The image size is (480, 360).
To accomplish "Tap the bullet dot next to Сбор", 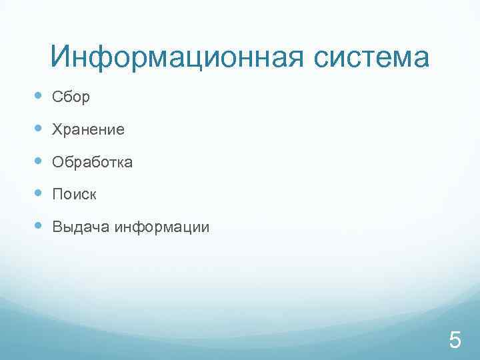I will coord(37,97).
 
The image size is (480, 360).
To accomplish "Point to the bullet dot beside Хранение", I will coord(37,129).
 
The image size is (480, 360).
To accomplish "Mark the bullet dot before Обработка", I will coord(37,162).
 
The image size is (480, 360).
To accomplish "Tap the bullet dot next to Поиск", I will coord(37,195).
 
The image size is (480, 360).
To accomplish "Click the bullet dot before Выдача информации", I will coord(37,227).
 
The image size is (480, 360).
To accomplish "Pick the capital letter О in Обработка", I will coord(57,163).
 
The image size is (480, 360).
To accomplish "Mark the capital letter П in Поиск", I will coord(57,195).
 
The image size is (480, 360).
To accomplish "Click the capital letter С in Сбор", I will coord(57,97).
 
